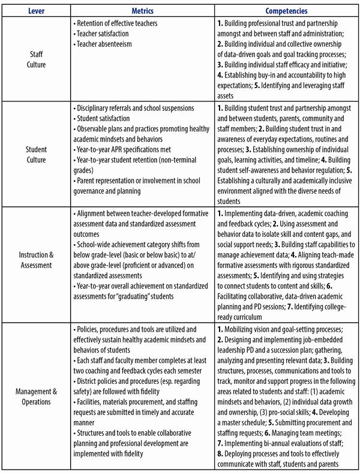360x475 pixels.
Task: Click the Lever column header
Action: point(36,11)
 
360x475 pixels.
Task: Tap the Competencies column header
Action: point(286,11)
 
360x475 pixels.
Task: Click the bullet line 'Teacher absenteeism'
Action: point(104,44)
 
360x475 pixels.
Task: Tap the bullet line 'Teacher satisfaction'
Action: point(103,34)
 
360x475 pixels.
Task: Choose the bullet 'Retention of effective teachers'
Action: point(116,23)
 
